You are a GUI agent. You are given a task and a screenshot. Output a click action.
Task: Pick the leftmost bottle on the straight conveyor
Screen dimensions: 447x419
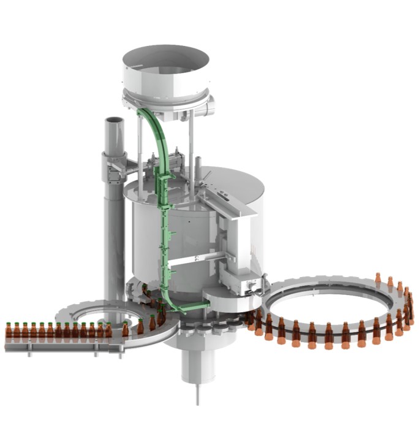tap(9, 333)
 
